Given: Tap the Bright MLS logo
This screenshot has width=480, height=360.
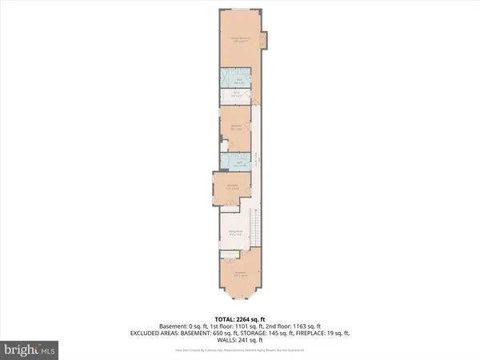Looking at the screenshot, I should tap(29, 349).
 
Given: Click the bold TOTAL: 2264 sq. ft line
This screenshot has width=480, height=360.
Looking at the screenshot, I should tap(239, 318).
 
